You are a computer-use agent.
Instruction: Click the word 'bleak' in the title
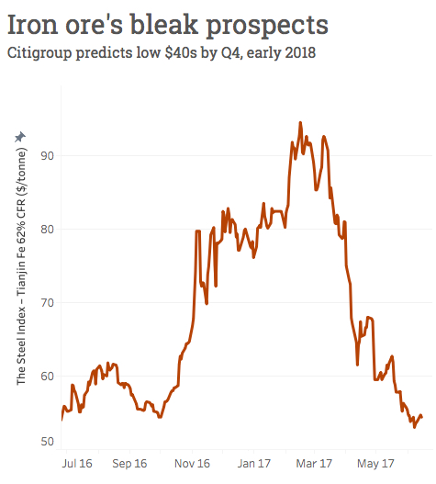click(176, 20)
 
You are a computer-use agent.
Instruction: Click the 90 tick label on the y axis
click(48, 155)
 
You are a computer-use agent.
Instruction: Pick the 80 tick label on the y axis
click(48, 229)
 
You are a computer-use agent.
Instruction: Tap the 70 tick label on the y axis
click(48, 302)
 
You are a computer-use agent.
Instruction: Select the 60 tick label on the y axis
click(48, 376)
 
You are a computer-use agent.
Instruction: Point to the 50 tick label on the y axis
click(48, 442)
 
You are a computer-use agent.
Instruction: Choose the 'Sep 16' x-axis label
click(129, 464)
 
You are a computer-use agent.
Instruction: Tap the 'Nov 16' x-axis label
click(192, 464)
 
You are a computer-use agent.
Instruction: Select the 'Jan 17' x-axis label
click(253, 464)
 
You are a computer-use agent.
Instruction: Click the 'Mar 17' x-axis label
click(314, 464)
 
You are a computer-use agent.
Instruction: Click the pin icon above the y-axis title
click(20, 137)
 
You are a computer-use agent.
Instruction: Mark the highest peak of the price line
click(300, 122)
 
